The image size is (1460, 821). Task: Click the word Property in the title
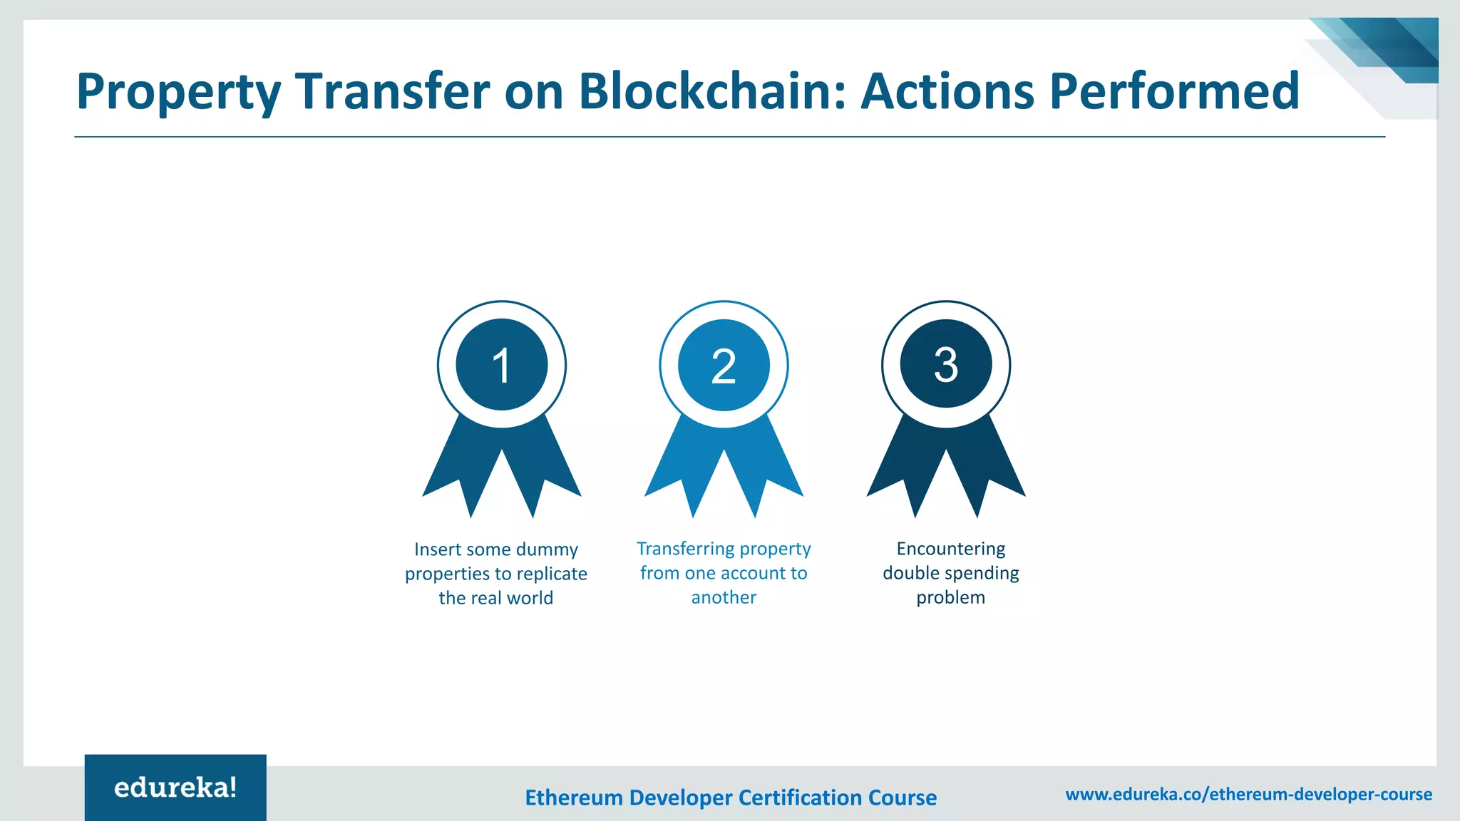pos(178,93)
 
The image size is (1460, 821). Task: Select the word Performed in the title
pos(1174,91)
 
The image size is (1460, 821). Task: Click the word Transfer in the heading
pos(393,91)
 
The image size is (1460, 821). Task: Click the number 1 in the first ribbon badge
pos(501,366)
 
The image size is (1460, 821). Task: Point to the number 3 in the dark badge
pos(945,365)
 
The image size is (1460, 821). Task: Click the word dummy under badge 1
pos(547,549)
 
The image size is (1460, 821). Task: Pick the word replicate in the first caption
pos(552,574)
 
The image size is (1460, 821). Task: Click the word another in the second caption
pos(724,597)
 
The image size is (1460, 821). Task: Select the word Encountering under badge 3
pos(950,549)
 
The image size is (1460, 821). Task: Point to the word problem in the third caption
pos(950,597)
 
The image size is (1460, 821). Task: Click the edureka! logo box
pos(175,788)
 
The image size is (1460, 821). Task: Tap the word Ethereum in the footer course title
pos(573,797)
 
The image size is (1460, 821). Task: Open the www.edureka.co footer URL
pos(1248,794)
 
